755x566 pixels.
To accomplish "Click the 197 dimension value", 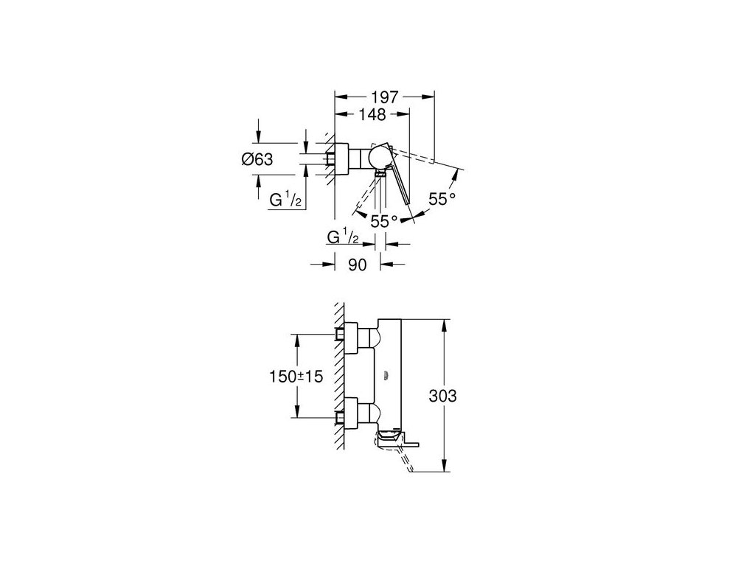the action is click(384, 97).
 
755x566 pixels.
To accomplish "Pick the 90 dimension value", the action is click(357, 265).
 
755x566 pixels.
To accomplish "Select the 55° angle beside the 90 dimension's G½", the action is click(384, 220).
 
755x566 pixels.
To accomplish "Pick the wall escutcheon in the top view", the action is click(343, 158).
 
